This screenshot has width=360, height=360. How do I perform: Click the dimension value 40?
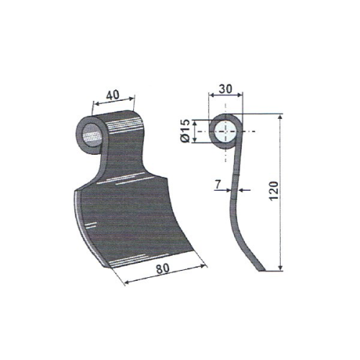112,95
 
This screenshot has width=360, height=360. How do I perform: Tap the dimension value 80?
163,269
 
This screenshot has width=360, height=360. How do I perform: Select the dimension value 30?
226,89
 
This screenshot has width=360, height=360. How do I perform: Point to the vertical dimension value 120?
274,191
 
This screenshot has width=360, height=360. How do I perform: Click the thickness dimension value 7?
218,184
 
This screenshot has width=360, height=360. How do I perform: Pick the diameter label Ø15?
186,131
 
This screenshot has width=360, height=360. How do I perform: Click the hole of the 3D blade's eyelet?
92,135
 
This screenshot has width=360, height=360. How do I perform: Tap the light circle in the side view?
225,131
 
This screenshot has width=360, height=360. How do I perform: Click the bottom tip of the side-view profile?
261,271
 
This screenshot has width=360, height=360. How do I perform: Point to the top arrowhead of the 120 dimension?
280,117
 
